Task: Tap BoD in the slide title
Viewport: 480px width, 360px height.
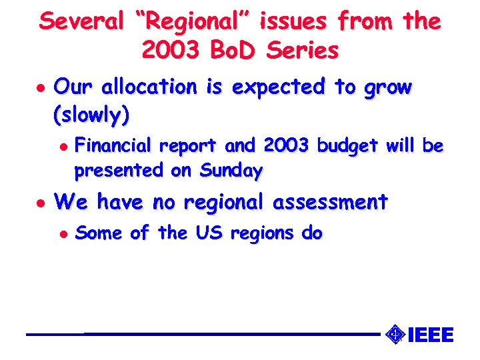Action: (x=238, y=50)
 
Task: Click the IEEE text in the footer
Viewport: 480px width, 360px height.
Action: (x=429, y=334)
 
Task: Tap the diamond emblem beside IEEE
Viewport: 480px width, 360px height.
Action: (x=395, y=333)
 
